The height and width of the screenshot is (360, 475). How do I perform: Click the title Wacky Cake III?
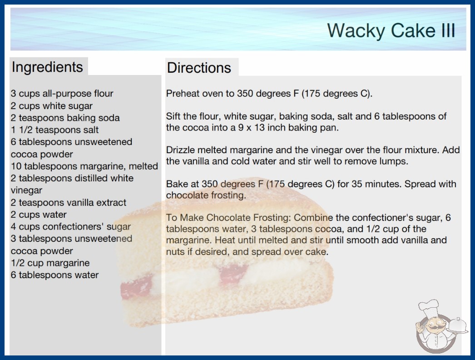(391, 30)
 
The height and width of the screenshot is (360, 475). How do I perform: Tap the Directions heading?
(199, 68)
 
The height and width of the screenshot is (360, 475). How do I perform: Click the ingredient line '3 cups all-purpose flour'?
(62, 94)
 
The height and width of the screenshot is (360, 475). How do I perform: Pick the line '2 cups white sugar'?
(51, 106)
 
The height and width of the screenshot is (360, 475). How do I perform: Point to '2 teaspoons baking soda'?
(65, 118)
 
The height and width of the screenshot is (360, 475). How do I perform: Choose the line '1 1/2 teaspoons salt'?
(54, 130)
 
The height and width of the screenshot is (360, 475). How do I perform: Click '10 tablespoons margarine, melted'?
(84, 166)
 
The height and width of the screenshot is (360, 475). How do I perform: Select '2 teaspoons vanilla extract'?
(69, 202)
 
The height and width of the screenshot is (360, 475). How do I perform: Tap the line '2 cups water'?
(39, 215)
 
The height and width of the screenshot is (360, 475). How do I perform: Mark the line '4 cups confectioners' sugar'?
(70, 226)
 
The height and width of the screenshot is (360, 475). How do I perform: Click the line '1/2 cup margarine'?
(50, 263)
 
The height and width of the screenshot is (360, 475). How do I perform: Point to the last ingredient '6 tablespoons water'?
(54, 275)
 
